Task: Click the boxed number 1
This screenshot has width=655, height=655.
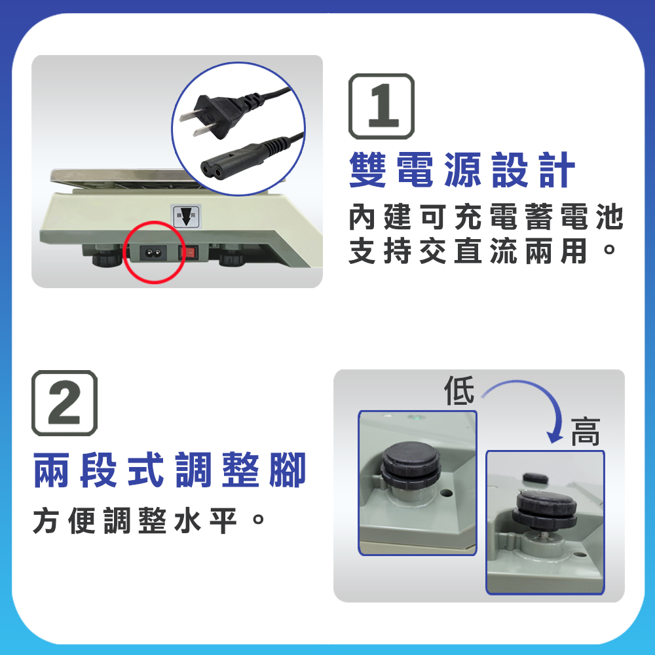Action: [381, 106]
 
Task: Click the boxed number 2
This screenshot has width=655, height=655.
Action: [65, 403]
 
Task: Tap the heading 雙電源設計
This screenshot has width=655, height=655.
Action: [462, 170]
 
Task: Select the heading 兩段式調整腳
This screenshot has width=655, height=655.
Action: [170, 470]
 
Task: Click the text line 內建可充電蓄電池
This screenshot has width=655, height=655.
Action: [486, 217]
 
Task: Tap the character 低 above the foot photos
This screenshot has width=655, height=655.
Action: [459, 390]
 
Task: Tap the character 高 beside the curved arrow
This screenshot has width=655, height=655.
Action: [586, 432]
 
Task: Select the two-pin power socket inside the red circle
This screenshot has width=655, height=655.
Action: [153, 253]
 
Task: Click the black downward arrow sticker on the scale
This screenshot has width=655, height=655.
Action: [186, 216]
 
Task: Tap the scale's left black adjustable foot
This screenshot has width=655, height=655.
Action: [107, 256]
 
